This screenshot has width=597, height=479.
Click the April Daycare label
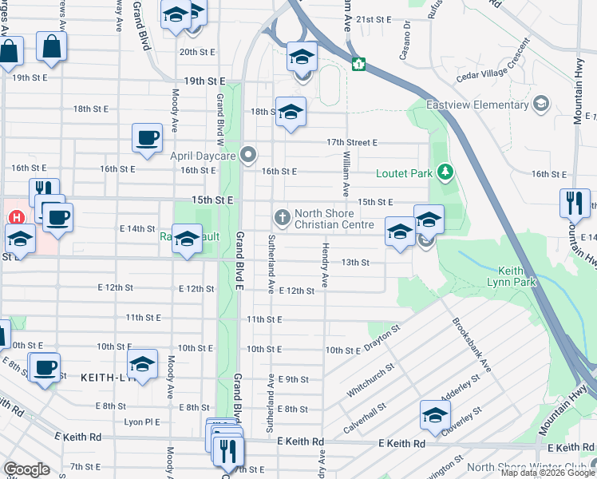(203, 155)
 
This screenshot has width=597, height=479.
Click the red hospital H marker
(15, 217)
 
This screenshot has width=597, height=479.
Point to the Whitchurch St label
(368, 382)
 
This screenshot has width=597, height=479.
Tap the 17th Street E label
(351, 142)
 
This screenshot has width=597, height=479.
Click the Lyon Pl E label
(141, 422)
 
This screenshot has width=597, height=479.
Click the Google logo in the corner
(26, 469)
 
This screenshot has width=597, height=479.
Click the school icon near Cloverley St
(436, 414)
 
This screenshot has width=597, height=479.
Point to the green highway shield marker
(360, 63)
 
